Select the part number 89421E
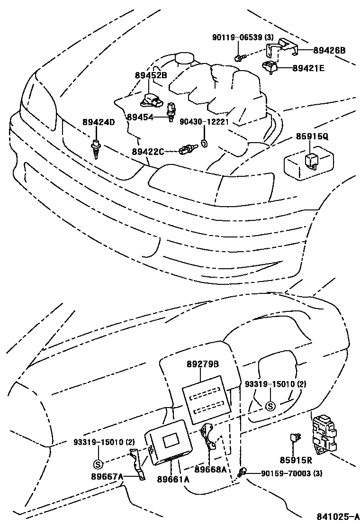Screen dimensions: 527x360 308,68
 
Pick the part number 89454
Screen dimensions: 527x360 140,117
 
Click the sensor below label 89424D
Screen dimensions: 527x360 96,148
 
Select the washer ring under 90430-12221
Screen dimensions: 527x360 204,143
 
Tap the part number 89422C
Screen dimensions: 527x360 148,152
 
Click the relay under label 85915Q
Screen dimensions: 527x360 313,160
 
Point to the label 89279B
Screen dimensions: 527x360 203,364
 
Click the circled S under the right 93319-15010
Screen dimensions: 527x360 270,406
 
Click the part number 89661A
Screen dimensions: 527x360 173,479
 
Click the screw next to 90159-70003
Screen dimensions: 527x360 243,472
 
